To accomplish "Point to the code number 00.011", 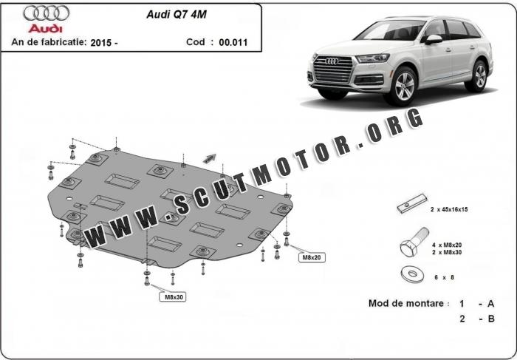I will tap(233, 42).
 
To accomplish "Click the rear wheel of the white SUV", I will tap(480, 75).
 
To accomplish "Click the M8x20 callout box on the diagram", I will tap(309, 257).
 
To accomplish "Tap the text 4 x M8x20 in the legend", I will tap(446, 244).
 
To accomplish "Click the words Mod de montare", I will tap(407, 304).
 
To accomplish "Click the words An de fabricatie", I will tap(49, 43).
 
